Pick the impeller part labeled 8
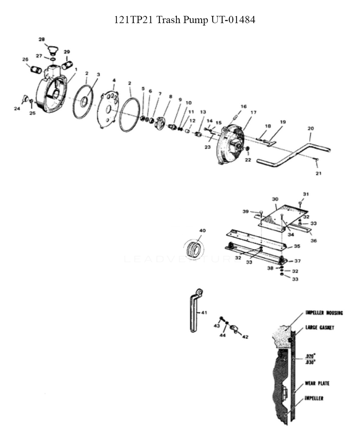(x=160, y=122)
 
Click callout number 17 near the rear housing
(x=253, y=112)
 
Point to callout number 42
(x=245, y=337)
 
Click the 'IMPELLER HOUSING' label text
(x=324, y=313)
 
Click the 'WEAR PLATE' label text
(x=317, y=383)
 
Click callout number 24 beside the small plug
(x=17, y=109)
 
